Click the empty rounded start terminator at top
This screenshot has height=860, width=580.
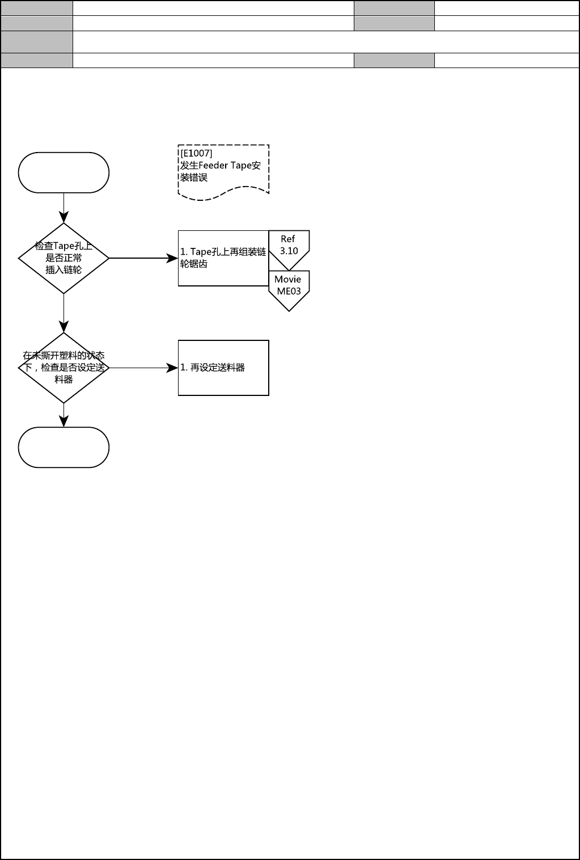tap(63, 172)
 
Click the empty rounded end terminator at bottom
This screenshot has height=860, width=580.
tap(63, 448)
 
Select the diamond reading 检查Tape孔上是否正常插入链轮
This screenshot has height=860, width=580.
tap(63, 258)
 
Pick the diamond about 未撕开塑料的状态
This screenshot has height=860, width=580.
tap(63, 368)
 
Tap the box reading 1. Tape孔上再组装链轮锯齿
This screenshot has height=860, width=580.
tap(223, 258)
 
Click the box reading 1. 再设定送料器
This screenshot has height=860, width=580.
tap(223, 368)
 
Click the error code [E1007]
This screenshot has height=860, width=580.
tap(196, 153)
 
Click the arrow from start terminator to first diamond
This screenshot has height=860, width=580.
tap(63, 207)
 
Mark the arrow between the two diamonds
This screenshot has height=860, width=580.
tap(63, 313)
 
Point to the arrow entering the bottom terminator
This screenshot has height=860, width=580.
tap(63, 415)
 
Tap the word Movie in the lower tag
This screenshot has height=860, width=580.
tap(288, 279)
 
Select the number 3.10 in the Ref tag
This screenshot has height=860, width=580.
tap(289, 251)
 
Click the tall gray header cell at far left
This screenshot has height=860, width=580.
tap(37, 41)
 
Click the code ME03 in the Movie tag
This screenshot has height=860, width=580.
tap(289, 291)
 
